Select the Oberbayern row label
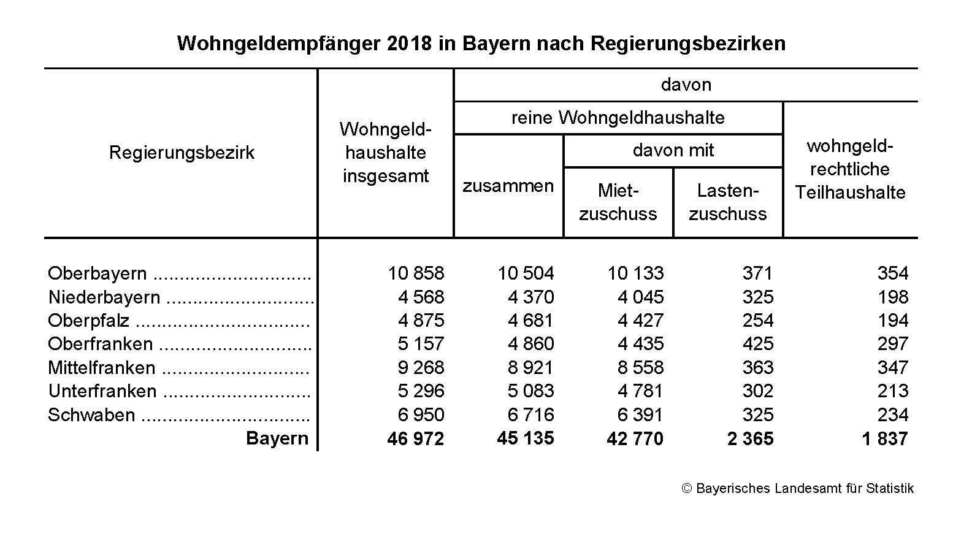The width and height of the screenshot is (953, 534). click(x=98, y=273)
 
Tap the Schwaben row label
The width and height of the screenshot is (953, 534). click(x=91, y=414)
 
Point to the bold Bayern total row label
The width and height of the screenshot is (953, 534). click(x=277, y=438)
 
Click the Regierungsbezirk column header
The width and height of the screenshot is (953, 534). click(x=182, y=153)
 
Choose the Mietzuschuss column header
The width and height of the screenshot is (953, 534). click(x=618, y=202)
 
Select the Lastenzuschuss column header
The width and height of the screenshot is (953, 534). click(x=727, y=202)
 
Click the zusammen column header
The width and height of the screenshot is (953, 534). click(x=508, y=186)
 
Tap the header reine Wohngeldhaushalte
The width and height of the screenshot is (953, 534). click(x=618, y=118)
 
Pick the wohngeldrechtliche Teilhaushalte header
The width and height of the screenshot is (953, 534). click(x=850, y=169)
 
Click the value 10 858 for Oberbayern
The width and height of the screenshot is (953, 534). click(x=416, y=273)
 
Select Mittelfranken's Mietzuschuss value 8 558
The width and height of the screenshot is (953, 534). click(x=640, y=367)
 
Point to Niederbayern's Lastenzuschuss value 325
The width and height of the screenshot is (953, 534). click(x=757, y=297)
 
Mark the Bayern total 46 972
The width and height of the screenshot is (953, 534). click(x=415, y=438)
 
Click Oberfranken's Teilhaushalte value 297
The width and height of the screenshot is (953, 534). click(x=892, y=344)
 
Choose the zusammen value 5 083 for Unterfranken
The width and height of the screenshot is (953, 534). click(x=530, y=391)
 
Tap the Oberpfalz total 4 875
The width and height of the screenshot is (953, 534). click(x=421, y=320)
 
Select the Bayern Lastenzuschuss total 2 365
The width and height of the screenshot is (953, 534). click(x=750, y=438)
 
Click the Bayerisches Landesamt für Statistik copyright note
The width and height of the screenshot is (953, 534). click(x=798, y=489)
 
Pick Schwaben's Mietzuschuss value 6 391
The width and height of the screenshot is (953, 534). click(x=640, y=414)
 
